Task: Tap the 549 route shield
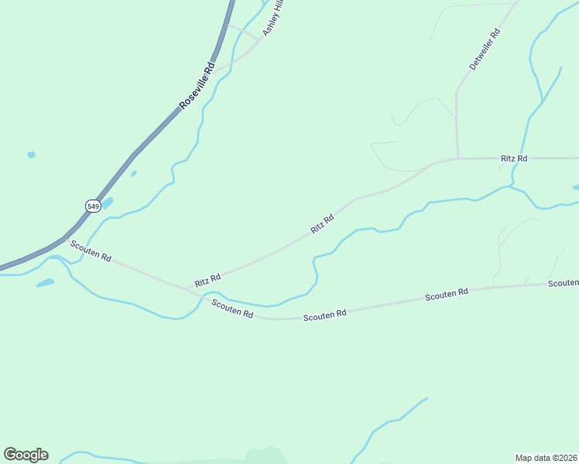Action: click(93, 206)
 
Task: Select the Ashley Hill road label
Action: click(273, 17)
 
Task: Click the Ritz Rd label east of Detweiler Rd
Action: click(514, 159)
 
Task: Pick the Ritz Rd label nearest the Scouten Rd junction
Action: click(207, 278)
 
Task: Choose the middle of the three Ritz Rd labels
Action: click(322, 223)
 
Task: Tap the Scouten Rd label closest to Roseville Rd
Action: click(91, 251)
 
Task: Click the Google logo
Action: click(26, 455)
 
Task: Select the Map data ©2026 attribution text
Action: click(546, 458)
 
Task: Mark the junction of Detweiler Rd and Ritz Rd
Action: click(457, 159)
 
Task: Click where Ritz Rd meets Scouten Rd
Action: click(187, 288)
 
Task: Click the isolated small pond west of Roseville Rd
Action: click(31, 155)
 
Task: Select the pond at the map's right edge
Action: click(575, 187)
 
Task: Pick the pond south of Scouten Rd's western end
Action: click(45, 283)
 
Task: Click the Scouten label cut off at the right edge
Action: click(564, 283)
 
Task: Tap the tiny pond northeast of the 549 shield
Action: click(134, 173)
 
